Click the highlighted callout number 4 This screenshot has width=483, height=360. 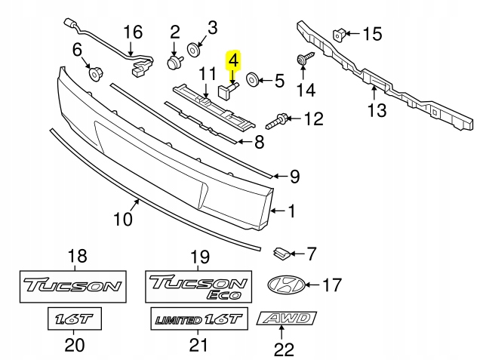coord(234,58)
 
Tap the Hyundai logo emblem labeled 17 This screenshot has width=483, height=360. coord(289,285)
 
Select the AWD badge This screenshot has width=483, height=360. coord(288,318)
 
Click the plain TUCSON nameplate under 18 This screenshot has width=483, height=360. coord(72,286)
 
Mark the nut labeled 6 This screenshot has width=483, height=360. coord(97,73)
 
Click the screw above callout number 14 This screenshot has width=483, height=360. coord(303,59)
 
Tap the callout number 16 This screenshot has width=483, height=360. coord(133,32)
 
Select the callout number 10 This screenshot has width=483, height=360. coord(123,219)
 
